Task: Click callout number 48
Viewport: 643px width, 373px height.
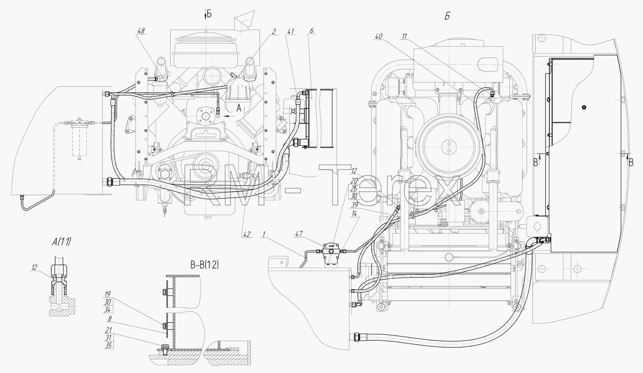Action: click(141, 31)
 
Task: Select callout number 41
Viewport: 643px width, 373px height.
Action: click(291, 31)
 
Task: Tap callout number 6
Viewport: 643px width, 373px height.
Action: click(312, 31)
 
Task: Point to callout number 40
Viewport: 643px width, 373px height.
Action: click(379, 37)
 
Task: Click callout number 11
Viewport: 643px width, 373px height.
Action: click(405, 37)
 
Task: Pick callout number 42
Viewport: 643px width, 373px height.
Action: click(247, 235)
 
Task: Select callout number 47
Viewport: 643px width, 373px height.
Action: click(299, 234)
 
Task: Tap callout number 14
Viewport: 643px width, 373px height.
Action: click(354, 214)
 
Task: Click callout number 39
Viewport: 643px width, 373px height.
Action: click(354, 205)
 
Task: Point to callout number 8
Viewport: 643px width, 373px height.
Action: click(110, 319)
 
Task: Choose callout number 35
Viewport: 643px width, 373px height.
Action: click(108, 345)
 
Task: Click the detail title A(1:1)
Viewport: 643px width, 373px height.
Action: click(61, 242)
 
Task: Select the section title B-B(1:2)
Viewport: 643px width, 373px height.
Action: click(205, 265)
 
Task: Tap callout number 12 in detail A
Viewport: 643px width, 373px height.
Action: click(34, 267)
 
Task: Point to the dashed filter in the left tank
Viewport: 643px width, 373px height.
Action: click(79, 138)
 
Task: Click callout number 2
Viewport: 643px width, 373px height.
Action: click(274, 31)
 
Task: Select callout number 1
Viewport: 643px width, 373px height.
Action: click(263, 235)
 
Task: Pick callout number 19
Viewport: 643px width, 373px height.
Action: click(108, 294)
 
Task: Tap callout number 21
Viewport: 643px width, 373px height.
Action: click(108, 330)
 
